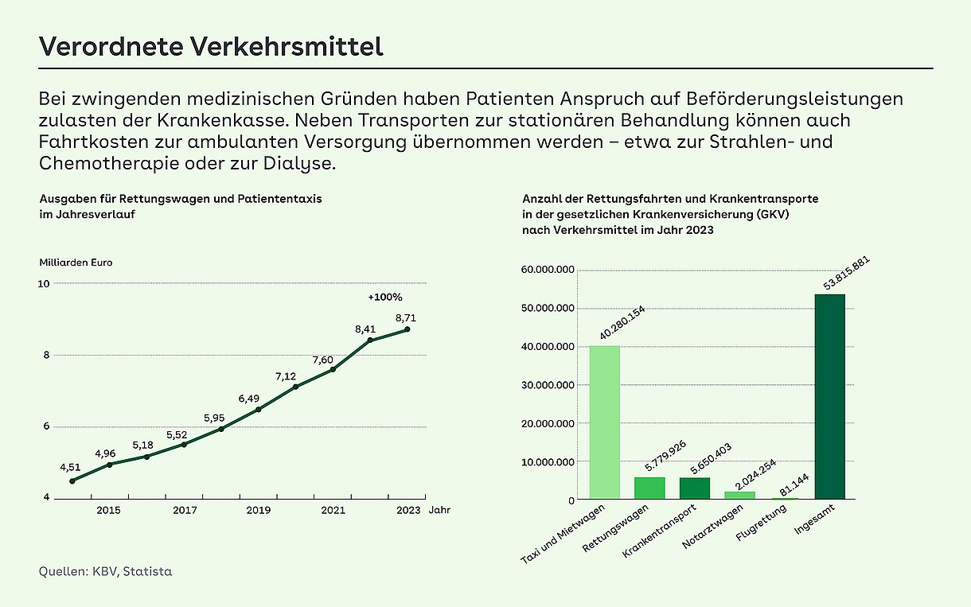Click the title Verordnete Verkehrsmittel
tap(211, 46)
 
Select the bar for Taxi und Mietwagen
tap(605, 422)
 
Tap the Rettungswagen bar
tap(649, 488)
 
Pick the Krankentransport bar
tap(695, 488)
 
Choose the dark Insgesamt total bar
tap(829, 397)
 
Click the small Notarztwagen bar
tap(740, 495)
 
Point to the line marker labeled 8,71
tap(407, 329)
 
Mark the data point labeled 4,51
tap(72, 481)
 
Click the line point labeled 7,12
tap(295, 387)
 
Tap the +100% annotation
tap(385, 298)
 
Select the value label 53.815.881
tap(847, 274)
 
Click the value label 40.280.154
tap(622, 323)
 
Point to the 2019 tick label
tap(259, 511)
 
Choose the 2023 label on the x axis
tap(408, 511)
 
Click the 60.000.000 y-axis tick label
tap(548, 270)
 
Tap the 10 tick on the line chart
tap(44, 284)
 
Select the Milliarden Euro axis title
tap(76, 263)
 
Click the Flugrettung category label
tap(762, 523)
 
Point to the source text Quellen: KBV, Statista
tap(105, 571)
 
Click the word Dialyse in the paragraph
tap(299, 164)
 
